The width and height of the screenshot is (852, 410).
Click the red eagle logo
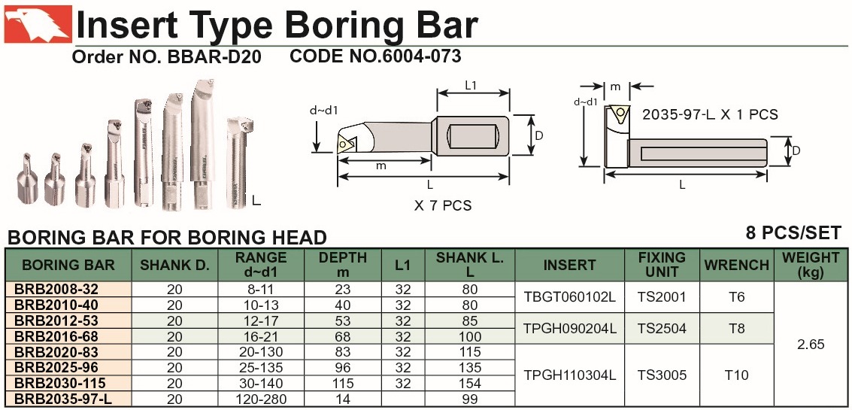(38, 24)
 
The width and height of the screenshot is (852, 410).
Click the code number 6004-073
(421, 56)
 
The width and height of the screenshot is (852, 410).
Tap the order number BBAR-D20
(211, 56)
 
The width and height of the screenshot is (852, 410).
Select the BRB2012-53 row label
(57, 320)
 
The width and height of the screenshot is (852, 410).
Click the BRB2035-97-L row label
(64, 399)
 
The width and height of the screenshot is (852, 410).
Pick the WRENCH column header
(737, 265)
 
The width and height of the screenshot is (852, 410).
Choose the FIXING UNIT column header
(661, 264)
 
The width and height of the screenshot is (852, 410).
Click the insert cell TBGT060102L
(569, 297)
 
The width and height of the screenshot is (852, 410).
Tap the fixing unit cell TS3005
(662, 375)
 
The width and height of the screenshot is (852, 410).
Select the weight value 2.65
(810, 344)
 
